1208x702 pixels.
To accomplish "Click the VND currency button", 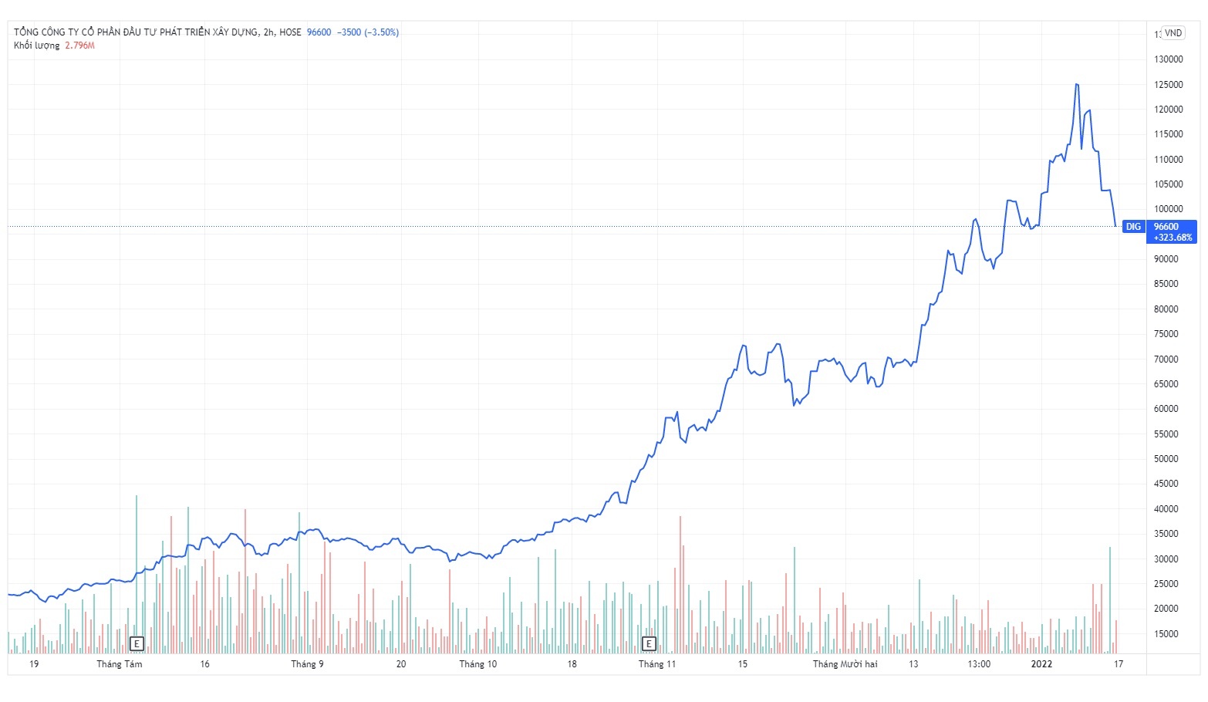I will click(x=1173, y=33).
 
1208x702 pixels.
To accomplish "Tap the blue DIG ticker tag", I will click(x=1132, y=227).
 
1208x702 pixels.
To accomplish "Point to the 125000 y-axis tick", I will click(x=1168, y=85).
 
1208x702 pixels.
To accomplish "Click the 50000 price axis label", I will click(x=1166, y=459).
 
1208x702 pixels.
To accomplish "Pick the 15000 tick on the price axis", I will click(x=1166, y=634).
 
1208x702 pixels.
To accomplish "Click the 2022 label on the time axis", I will click(x=1041, y=664).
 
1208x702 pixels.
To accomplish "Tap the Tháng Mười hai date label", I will click(x=845, y=664).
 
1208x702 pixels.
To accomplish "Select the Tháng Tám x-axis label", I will click(x=120, y=664).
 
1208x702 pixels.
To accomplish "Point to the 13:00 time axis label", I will click(x=979, y=664).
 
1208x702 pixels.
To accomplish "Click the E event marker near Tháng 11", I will click(x=649, y=643).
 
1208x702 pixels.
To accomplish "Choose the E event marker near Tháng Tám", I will click(x=137, y=643).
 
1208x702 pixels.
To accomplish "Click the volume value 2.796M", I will click(x=79, y=46).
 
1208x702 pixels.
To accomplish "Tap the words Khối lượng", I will click(x=36, y=46).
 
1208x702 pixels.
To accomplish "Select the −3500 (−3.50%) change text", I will click(x=368, y=32).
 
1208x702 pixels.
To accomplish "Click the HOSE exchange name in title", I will click(x=290, y=32).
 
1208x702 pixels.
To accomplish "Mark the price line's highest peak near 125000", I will click(x=1077, y=84).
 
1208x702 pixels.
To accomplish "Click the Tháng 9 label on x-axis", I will click(x=307, y=664).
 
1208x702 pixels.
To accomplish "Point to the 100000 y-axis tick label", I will click(x=1168, y=209).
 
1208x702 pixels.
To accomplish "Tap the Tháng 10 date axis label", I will click(x=478, y=664).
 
